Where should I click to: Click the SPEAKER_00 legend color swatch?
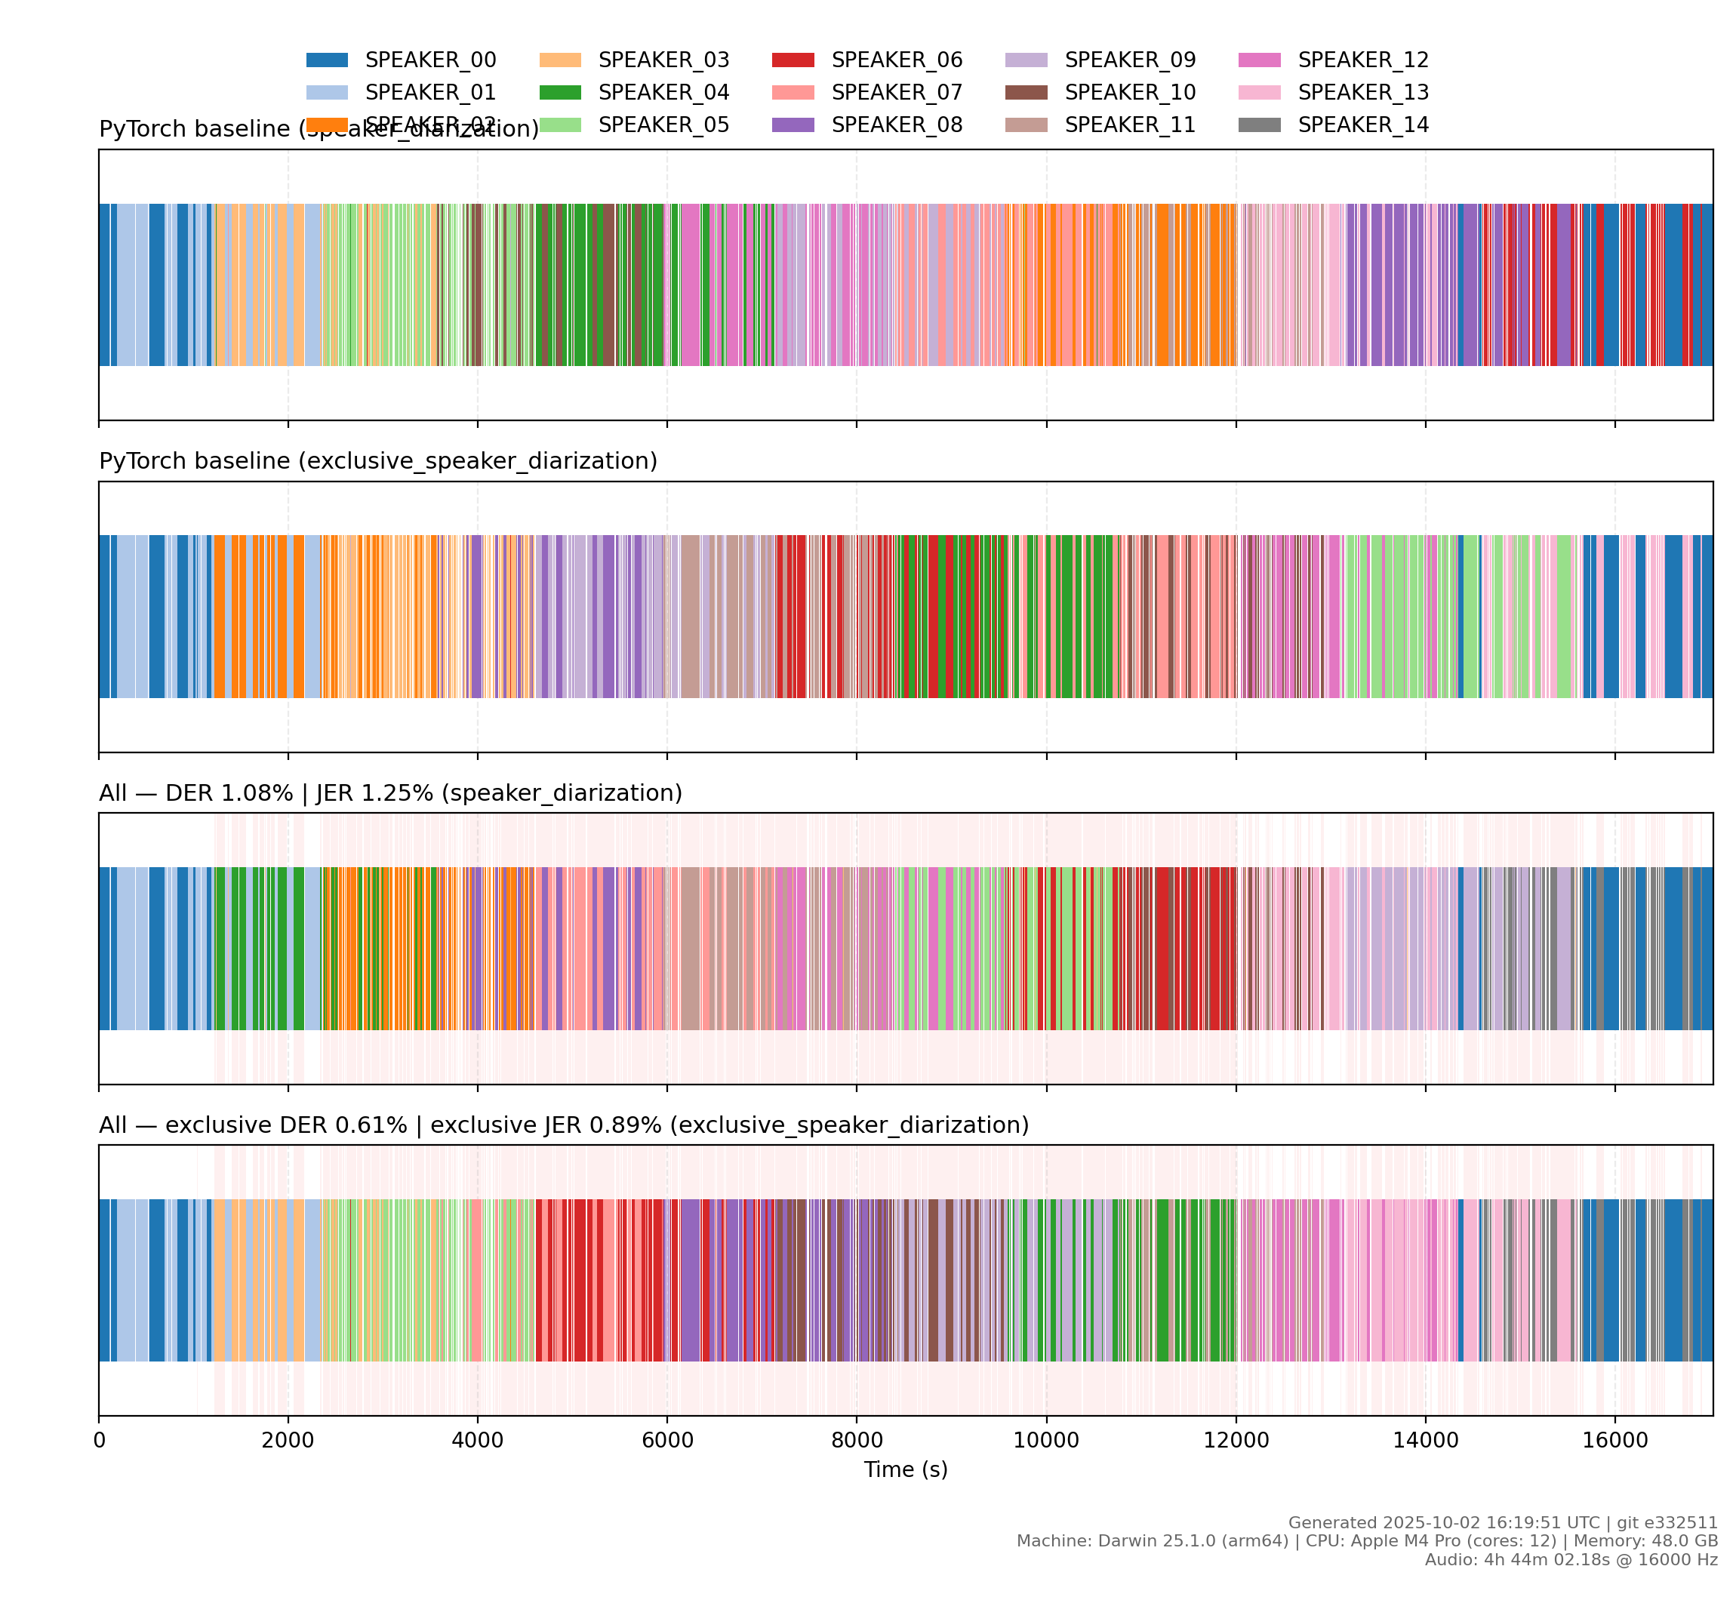pos(328,60)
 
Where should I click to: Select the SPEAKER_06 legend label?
pos(896,60)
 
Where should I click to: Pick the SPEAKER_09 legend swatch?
pos(1026,60)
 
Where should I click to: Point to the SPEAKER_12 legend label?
pos(1363,60)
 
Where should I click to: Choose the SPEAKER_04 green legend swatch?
pos(560,93)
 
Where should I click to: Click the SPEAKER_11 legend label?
pos(1130,125)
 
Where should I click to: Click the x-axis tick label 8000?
pos(857,1441)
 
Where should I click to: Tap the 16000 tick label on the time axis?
pos(1614,1441)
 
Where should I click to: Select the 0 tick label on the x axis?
pos(100,1441)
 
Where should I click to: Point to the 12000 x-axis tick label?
pos(1236,1441)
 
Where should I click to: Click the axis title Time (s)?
pos(906,1470)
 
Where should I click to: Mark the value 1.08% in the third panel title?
pos(257,793)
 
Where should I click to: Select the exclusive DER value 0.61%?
pos(371,1125)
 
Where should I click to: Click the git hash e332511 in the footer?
pos(1683,1523)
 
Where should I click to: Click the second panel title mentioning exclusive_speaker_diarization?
pos(378,461)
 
